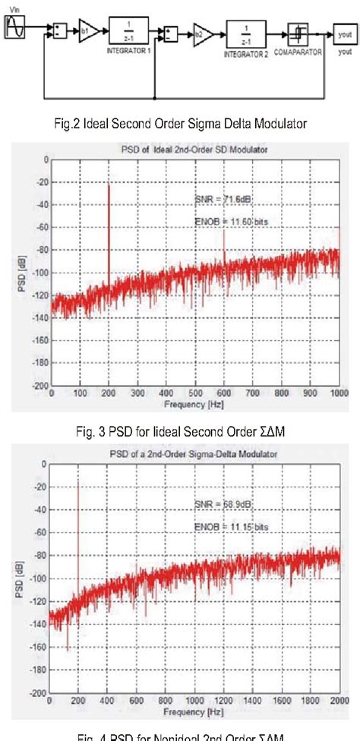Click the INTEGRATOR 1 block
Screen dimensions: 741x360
coord(126,32)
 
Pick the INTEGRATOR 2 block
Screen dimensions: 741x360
coord(245,33)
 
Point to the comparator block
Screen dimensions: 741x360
coord(298,33)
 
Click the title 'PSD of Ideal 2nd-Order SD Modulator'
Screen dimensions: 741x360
coord(194,150)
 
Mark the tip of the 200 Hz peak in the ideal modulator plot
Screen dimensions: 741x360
coord(109,184)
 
